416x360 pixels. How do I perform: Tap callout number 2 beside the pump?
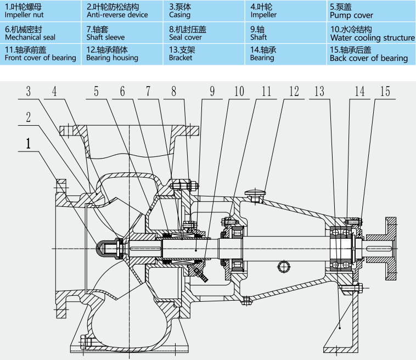pos(28,116)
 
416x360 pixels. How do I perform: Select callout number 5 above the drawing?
pos(97,91)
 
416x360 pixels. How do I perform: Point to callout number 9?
pos(212,91)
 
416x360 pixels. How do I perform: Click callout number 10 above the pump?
pos(239,91)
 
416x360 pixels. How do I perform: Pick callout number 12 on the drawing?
pos(294,91)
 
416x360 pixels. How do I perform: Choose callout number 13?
pos(319,91)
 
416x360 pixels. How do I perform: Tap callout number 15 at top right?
pos(385,91)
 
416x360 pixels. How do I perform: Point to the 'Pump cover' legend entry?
pos(351,15)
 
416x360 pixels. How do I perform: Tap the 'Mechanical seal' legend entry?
pos(30,37)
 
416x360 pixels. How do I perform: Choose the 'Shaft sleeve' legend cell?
pos(105,37)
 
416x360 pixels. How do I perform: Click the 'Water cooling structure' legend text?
pos(372,38)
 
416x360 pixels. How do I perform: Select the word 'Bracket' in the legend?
pos(182,58)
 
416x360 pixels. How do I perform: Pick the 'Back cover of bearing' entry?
pos(369,58)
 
